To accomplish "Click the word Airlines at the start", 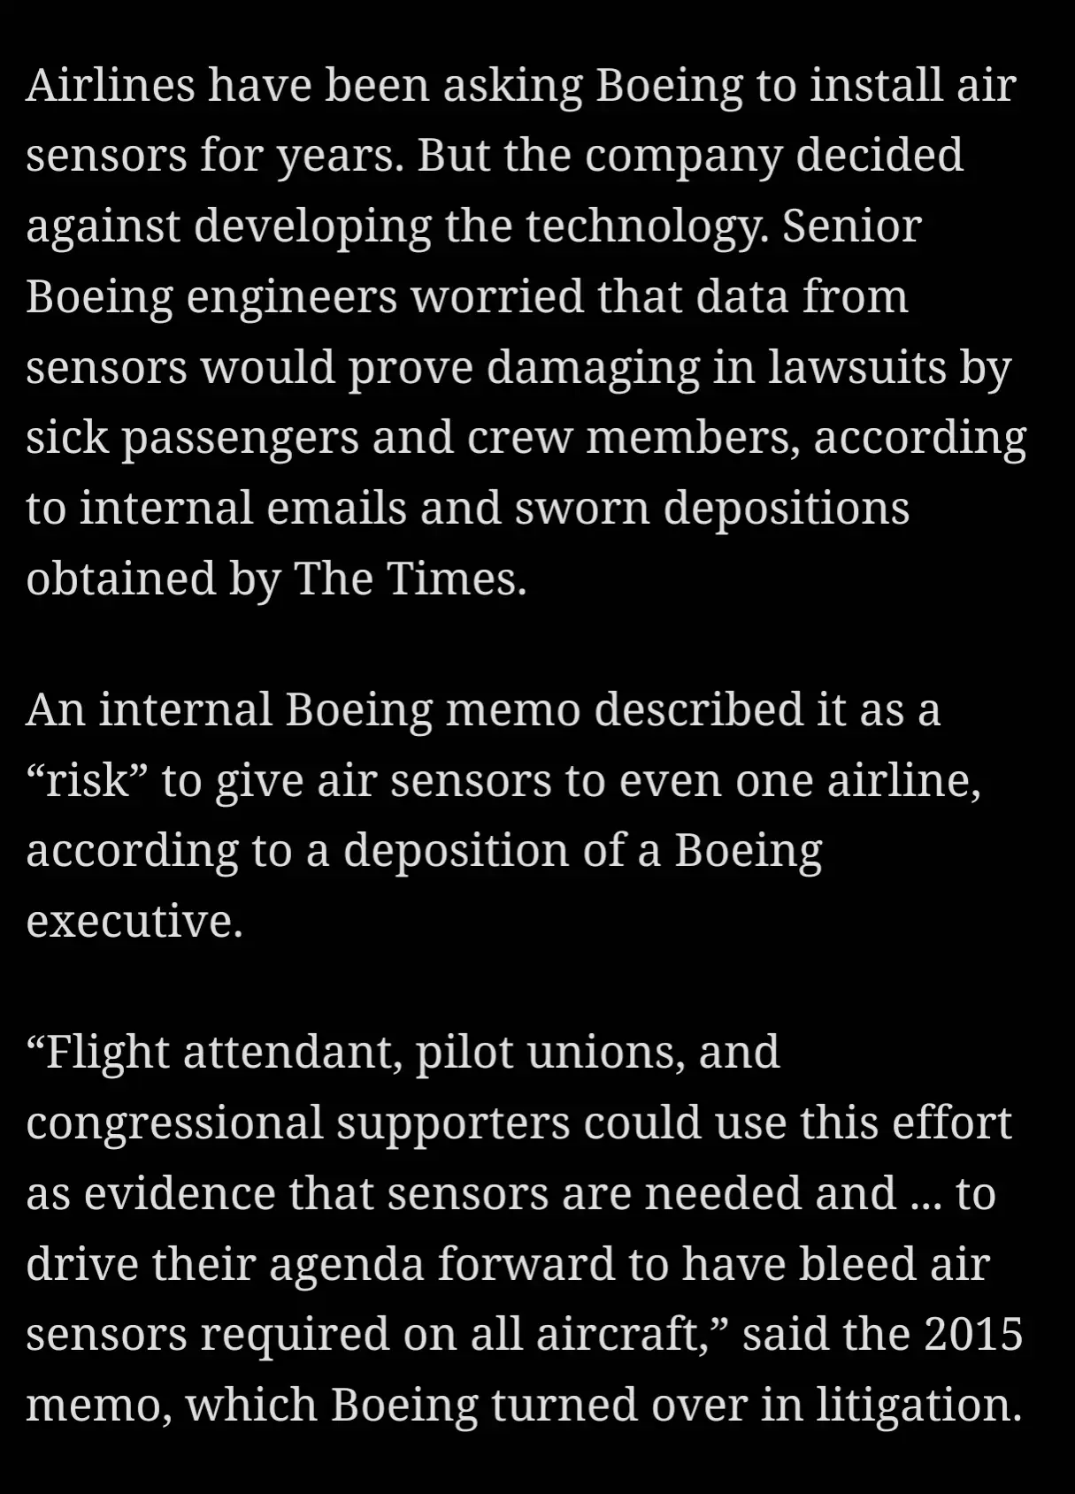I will [111, 85].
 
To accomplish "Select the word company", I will [683, 156].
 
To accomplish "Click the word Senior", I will [851, 226].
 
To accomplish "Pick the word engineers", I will [291, 297].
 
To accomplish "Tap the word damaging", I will [593, 368].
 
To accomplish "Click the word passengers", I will [240, 438].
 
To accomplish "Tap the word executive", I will [134, 921].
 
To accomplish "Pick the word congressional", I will [174, 1123].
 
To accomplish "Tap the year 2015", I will [973, 1335].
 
